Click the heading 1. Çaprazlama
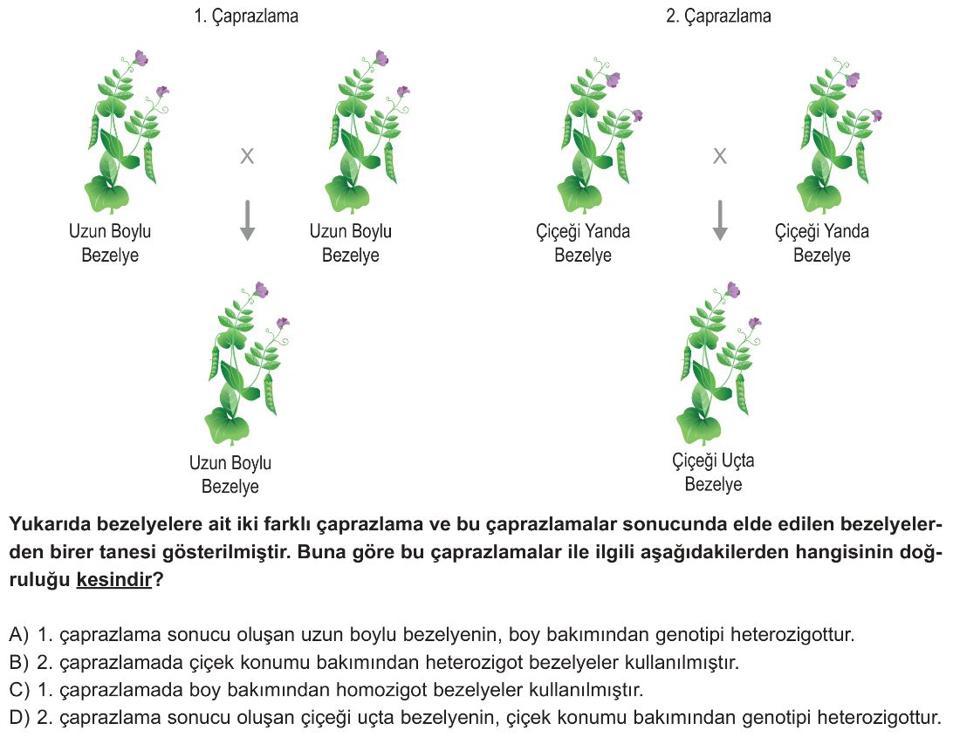pos(246,16)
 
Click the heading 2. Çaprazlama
pos(718,16)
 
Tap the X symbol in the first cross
pos(247,156)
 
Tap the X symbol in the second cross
pos(720,156)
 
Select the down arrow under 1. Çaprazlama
pos(247,221)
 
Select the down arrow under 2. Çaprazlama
pos(720,221)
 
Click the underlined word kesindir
pos(113,580)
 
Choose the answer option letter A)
pos(19,635)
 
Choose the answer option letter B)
pos(19,662)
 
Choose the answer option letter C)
pos(19,690)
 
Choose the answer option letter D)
pos(19,718)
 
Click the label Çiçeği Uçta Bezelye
pos(714,472)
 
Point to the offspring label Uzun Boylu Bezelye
pos(230,474)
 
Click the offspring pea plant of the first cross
pos(247,364)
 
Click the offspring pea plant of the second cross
pos(719,364)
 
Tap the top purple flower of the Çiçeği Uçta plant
pos(734,290)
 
